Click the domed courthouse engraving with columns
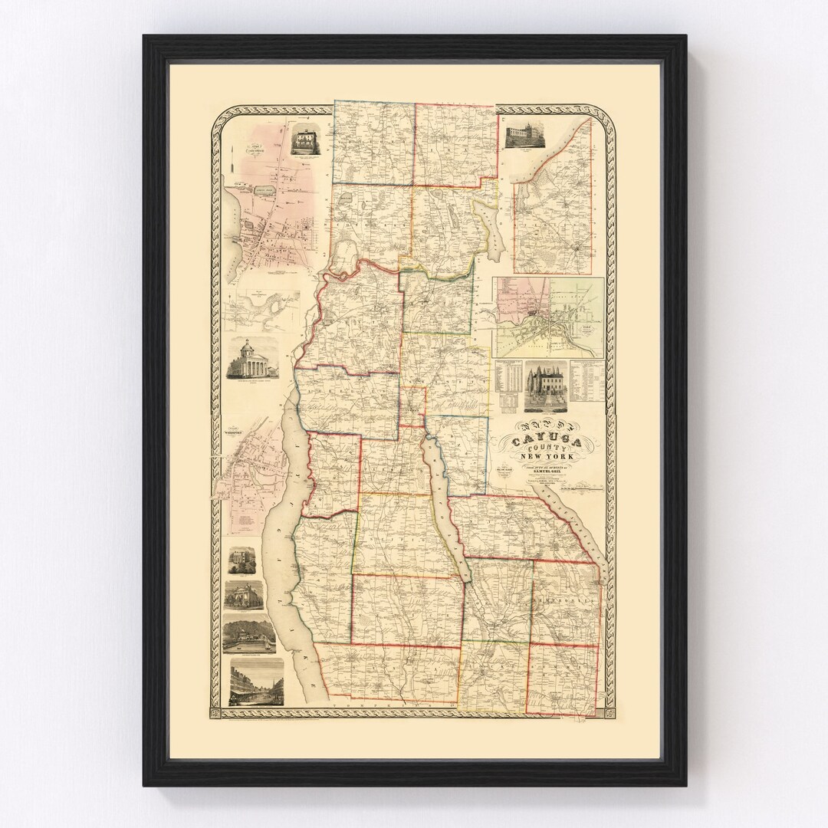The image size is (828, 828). pyautogui.click(x=252, y=359)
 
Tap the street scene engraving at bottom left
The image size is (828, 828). pyautogui.click(x=256, y=684)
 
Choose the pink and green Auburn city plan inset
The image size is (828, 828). pyautogui.click(x=547, y=316)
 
